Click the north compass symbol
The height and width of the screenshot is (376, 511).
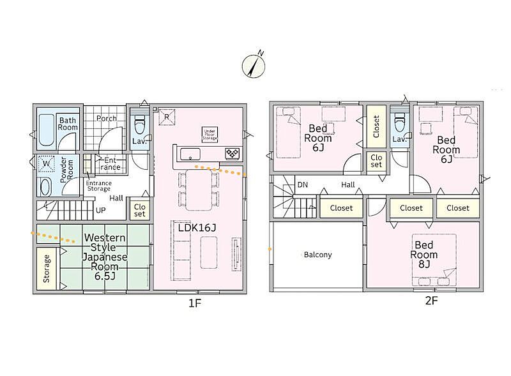254,66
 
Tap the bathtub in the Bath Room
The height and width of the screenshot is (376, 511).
46,130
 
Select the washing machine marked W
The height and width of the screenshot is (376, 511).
46,164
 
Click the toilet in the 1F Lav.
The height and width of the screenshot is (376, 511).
140,124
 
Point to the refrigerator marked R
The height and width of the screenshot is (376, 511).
167,117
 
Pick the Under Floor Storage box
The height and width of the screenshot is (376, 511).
210,135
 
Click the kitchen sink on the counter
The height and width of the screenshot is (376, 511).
190,154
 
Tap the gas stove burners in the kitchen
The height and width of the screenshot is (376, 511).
233,153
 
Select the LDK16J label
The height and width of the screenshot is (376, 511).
197,228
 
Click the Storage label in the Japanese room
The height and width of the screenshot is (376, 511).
47,269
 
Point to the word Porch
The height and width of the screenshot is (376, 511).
107,118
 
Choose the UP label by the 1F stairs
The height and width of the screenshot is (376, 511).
101,210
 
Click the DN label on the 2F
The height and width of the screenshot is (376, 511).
302,184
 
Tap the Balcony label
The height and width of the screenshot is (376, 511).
317,255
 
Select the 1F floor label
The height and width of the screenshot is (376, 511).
195,303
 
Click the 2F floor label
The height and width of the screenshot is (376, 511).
431,301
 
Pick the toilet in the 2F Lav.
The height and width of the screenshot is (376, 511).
400,123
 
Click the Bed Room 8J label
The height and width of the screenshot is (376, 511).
424,255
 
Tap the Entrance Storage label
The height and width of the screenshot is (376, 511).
99,186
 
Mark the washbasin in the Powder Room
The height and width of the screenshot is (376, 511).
45,187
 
